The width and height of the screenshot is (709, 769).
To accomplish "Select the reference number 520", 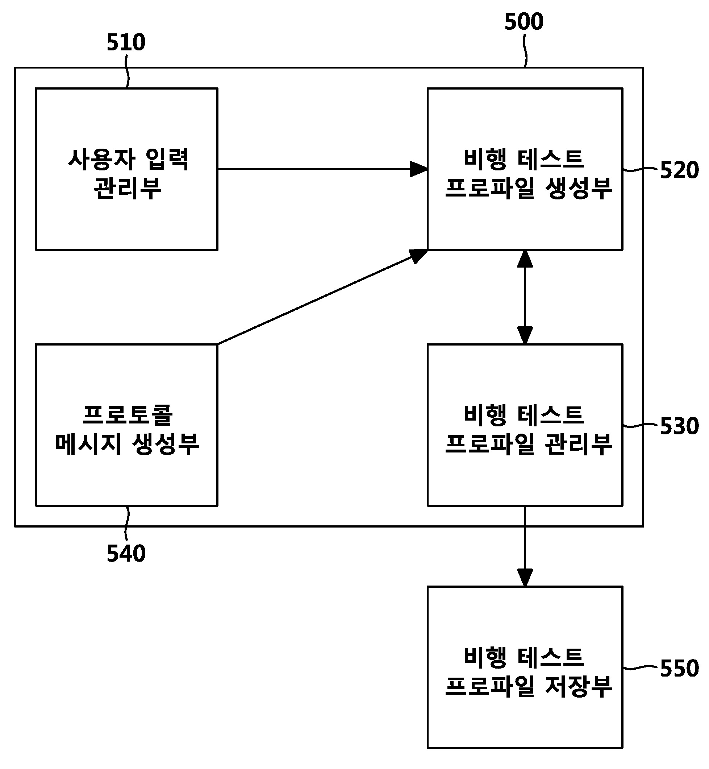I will click(679, 170).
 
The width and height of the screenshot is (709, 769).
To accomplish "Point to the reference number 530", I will click(679, 426).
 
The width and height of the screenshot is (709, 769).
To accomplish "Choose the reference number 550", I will click(679, 669).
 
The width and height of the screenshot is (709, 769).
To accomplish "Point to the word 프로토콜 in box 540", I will click(128, 415).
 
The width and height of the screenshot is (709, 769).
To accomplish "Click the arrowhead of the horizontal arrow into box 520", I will click(419, 169).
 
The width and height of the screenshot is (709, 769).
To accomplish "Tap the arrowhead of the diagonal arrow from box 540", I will click(419, 255).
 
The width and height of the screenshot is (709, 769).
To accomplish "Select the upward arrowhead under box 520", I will click(525, 259).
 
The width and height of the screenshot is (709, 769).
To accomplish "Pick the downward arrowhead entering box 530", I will click(525, 335).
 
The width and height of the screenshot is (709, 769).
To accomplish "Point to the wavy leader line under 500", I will click(525, 54).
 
